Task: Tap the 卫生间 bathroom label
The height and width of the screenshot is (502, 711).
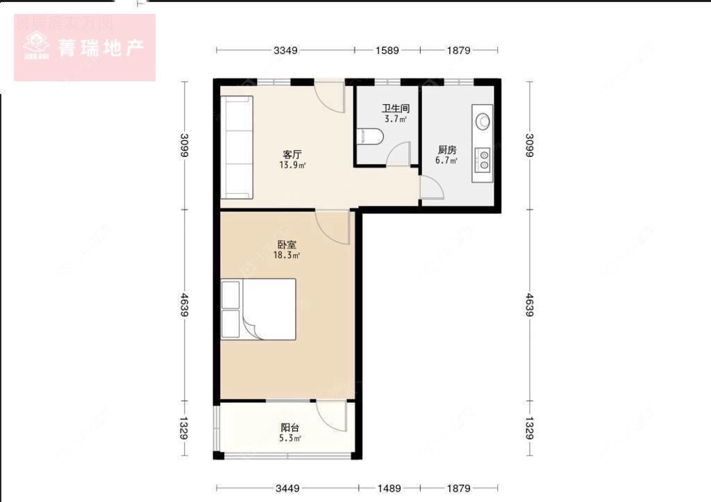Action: [x=394, y=109]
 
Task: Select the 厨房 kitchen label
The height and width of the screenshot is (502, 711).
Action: [x=446, y=149]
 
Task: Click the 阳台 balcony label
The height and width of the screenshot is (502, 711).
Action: [x=290, y=428]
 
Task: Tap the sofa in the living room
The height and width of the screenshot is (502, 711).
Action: [x=237, y=147]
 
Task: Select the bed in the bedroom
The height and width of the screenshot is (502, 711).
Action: [x=259, y=309]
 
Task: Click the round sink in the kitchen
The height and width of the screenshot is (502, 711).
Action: [x=483, y=120]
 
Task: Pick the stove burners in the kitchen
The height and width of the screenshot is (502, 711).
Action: [x=482, y=161]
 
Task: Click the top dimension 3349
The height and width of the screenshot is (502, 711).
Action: [x=285, y=50]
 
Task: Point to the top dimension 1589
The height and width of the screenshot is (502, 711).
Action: [x=387, y=50]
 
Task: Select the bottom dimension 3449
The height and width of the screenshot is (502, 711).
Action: [x=287, y=488]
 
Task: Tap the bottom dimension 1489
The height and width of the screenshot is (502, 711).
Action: [x=388, y=488]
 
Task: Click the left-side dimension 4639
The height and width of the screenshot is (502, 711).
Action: [x=185, y=306]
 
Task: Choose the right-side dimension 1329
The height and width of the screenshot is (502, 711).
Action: [x=530, y=428]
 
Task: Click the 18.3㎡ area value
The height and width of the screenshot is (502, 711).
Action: [x=285, y=256]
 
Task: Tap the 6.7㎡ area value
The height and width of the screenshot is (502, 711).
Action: [x=446, y=160]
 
